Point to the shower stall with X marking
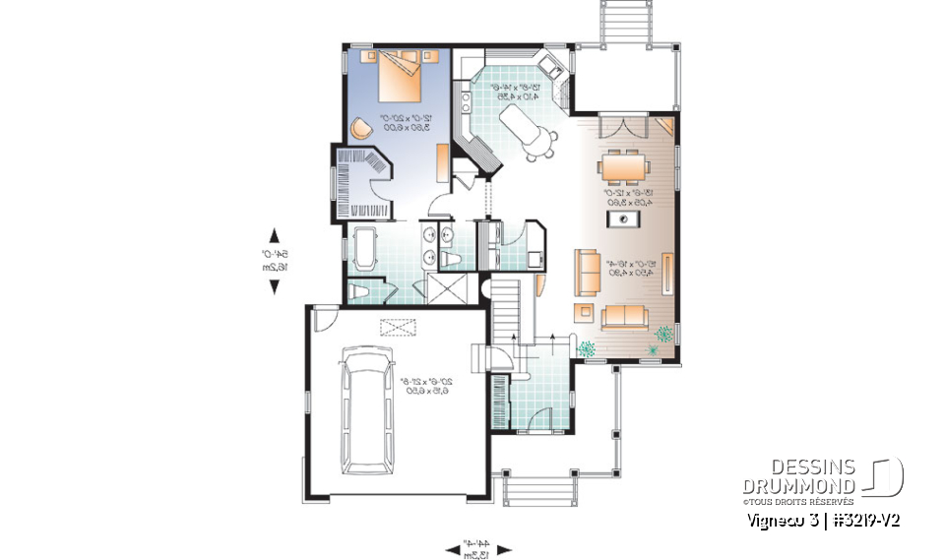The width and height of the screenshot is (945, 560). pyautogui.click(x=438, y=290)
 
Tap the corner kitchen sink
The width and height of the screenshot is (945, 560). pyautogui.click(x=550, y=69)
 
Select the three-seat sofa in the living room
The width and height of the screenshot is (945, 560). pyautogui.click(x=623, y=316)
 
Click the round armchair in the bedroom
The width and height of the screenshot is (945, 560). pyautogui.click(x=359, y=128)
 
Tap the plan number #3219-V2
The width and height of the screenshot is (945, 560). pyautogui.click(x=866, y=518)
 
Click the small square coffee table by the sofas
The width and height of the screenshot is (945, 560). pyautogui.click(x=584, y=313)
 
